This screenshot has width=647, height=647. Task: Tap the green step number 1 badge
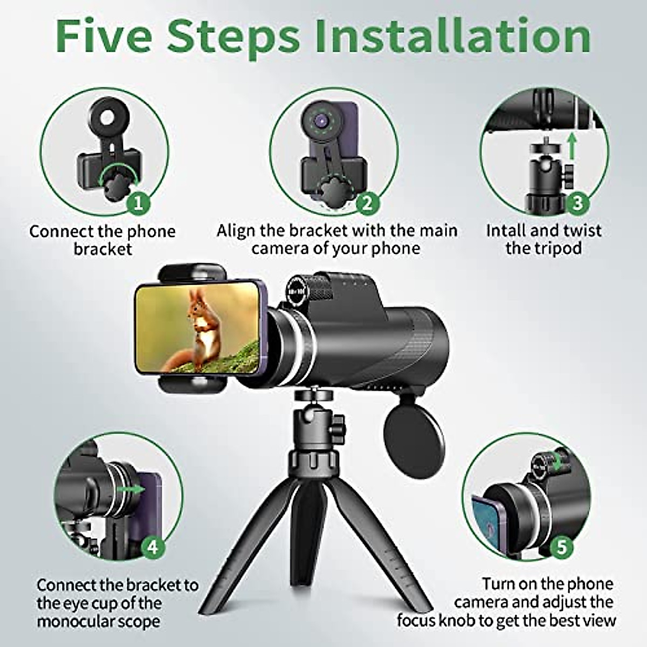click(138, 203)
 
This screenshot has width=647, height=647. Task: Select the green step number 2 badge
click(368, 203)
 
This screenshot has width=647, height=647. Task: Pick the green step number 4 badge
click(153, 547)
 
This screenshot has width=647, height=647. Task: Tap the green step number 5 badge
click(561, 547)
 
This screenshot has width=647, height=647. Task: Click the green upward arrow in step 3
click(573, 146)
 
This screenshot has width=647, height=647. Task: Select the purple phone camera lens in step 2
click(322, 120)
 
